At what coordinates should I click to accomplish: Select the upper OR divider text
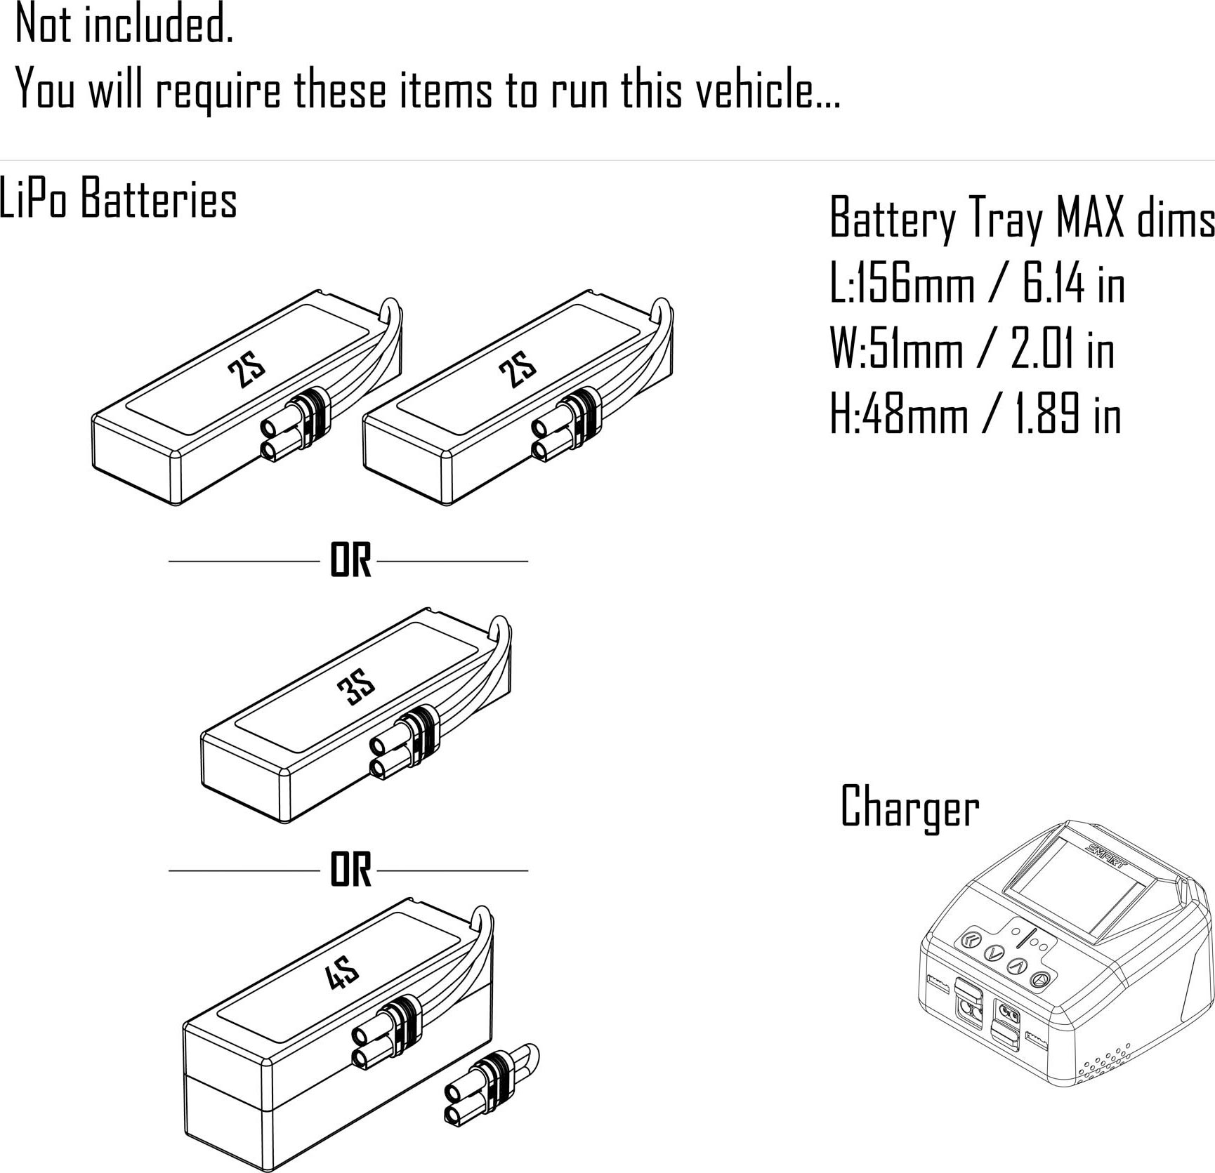click(350, 561)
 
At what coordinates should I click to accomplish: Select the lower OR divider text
click(350, 870)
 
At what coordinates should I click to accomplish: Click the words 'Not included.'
click(124, 25)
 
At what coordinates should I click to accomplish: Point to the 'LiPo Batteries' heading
click(118, 199)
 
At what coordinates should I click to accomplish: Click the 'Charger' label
click(909, 807)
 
